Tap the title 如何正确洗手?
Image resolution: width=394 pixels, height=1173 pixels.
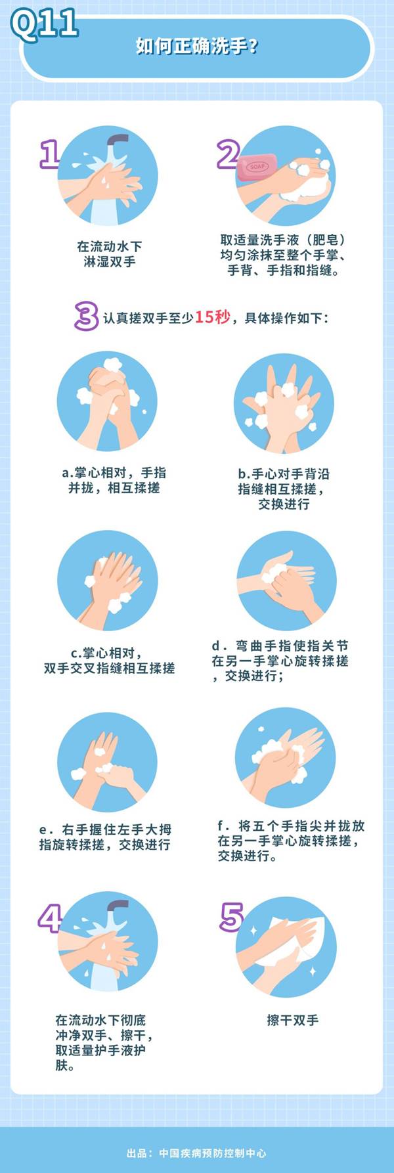pyautogui.click(x=196, y=47)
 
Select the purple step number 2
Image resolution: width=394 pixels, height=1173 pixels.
pyautogui.click(x=229, y=155)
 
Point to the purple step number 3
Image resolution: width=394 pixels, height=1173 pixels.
pyautogui.click(x=86, y=316)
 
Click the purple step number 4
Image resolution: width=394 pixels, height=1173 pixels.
pyautogui.click(x=50, y=918)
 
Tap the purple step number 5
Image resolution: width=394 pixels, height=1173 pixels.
pyautogui.click(x=231, y=917)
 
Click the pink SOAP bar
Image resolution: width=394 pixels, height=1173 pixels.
pyautogui.click(x=257, y=167)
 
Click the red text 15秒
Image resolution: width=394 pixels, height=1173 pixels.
pyautogui.click(x=212, y=317)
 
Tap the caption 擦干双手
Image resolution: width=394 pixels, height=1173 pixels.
pyautogui.click(x=292, y=1020)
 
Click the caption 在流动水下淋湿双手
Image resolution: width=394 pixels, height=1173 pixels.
pyautogui.click(x=110, y=254)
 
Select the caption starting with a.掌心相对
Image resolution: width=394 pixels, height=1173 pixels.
pyautogui.click(x=114, y=480)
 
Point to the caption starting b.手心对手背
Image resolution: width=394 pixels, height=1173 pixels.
pyautogui.click(x=284, y=489)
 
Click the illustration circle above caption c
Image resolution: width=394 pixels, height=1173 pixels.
pyautogui.click(x=108, y=580)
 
